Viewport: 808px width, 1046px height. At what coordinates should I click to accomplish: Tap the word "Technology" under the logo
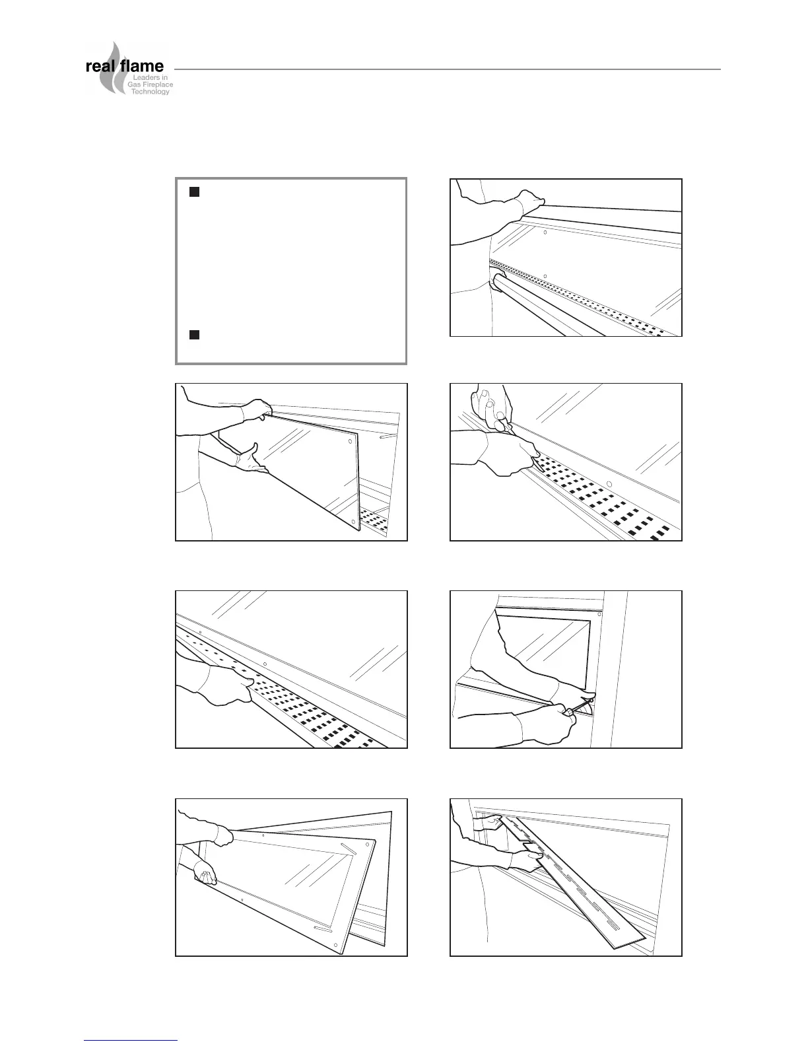(151, 92)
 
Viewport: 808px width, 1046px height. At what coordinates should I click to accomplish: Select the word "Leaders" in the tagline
(148, 79)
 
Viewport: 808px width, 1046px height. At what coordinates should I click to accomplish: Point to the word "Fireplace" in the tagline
(155, 85)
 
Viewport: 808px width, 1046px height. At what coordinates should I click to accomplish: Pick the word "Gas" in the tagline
(133, 85)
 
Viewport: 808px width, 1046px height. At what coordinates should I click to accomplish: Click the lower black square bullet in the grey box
(194, 334)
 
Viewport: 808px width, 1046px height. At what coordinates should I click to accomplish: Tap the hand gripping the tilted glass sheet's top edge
(256, 410)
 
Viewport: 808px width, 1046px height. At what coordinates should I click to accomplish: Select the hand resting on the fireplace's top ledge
(531, 198)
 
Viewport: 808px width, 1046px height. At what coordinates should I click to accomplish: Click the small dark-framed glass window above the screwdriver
(541, 647)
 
